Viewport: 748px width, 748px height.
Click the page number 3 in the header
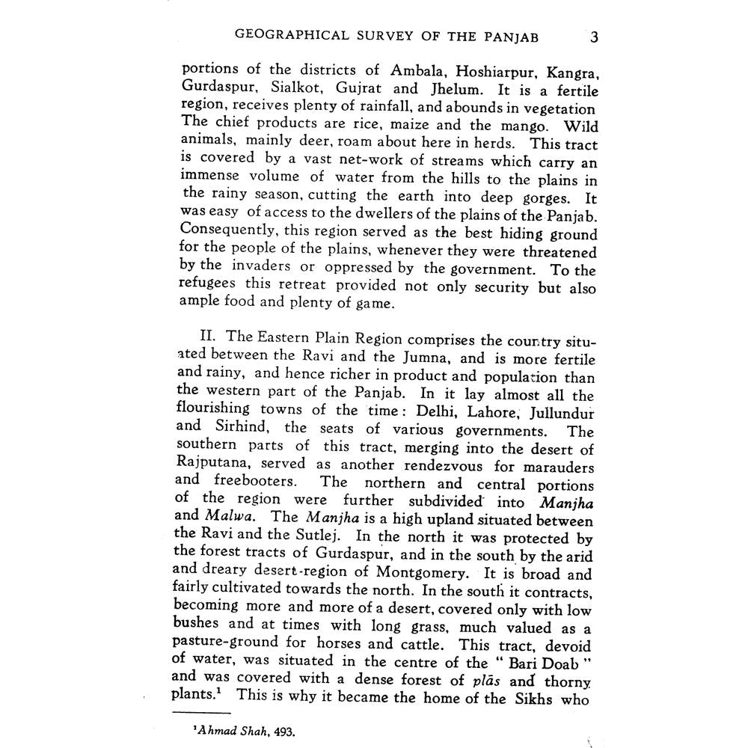[593, 37]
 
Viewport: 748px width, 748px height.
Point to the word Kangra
[571, 73]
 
